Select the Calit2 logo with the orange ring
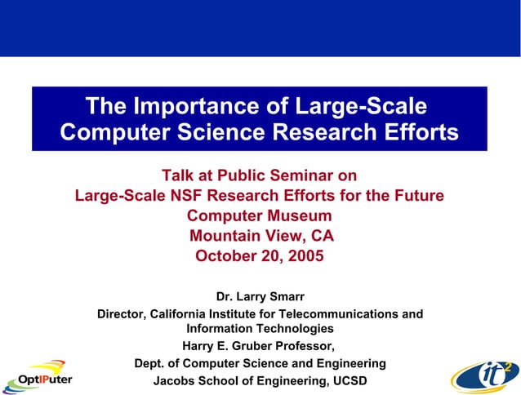(483, 376)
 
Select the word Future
(416, 196)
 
